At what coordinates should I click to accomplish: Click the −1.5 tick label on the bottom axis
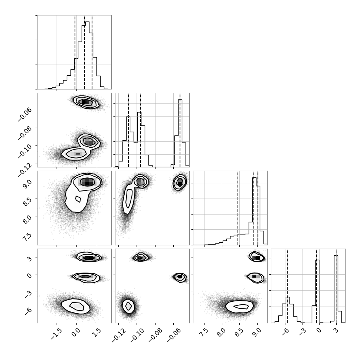(56, 334)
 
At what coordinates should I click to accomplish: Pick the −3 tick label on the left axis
(28, 294)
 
